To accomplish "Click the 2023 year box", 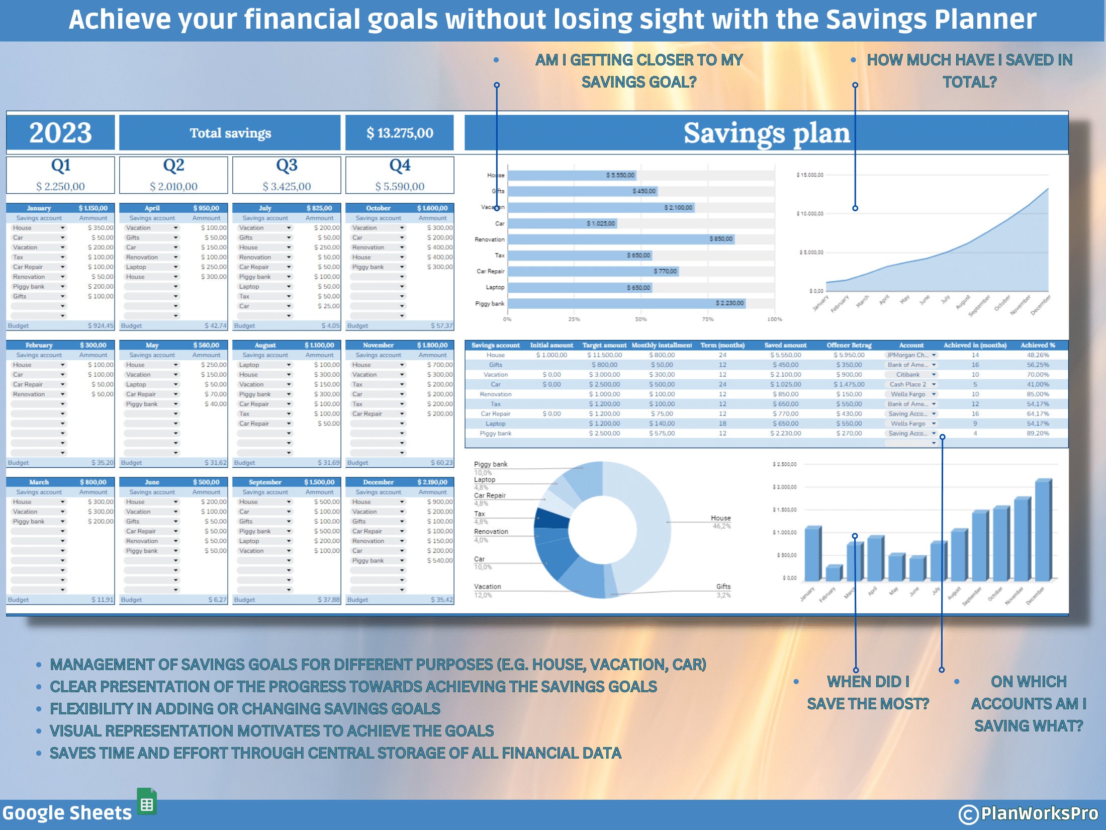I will click(60, 133).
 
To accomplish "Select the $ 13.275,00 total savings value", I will click(400, 133).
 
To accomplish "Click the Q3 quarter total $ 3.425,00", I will click(287, 187).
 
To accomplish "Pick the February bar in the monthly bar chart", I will click(833, 572).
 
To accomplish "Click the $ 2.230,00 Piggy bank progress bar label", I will click(729, 303).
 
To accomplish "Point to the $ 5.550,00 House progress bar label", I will click(620, 175).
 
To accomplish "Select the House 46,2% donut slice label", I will click(721, 522).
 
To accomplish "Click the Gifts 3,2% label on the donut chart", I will click(723, 591).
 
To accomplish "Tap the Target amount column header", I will click(604, 345).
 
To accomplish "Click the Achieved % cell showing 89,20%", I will click(1038, 433).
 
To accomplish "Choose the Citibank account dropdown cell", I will click(911, 375).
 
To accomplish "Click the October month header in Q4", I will click(378, 208).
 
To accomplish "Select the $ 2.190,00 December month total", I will click(432, 482).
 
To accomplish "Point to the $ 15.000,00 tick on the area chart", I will click(810, 175).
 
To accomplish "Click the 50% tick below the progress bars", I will click(640, 319).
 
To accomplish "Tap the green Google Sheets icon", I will click(147, 801).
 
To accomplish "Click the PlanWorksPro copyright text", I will click(1029, 813).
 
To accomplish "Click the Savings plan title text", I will click(766, 133).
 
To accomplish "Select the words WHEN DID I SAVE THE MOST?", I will click(868, 693).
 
